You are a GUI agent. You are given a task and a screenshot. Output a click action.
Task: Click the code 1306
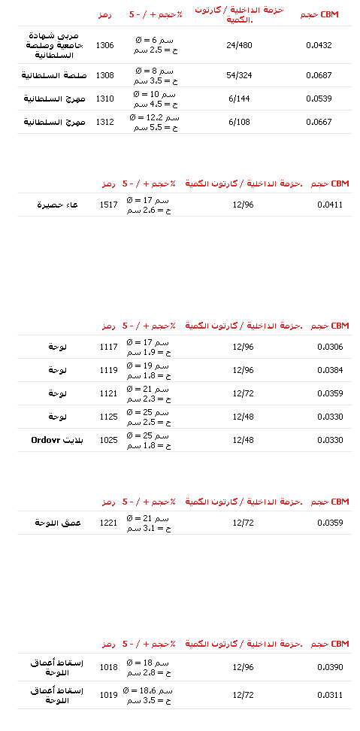[x=104, y=45]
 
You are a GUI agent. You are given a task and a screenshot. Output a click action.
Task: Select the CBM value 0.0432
[x=319, y=45]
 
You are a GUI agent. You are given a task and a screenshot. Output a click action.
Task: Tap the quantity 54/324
[x=239, y=75]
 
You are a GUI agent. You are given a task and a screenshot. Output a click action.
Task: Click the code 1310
[x=104, y=99]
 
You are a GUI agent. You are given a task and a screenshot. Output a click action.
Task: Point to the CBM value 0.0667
[x=319, y=122]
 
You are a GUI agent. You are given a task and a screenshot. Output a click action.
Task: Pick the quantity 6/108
[x=239, y=122]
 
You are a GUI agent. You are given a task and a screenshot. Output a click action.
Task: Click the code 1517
[x=109, y=205]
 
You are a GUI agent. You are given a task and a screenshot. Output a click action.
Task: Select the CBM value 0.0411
[x=330, y=205]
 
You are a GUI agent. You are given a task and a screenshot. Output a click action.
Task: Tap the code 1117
[x=109, y=347]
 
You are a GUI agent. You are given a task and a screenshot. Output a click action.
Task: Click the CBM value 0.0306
[x=330, y=347]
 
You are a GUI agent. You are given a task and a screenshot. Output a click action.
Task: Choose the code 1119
[x=109, y=370]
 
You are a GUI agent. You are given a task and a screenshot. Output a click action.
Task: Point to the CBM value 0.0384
[x=330, y=370]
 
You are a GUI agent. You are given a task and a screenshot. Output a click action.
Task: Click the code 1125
[x=109, y=417]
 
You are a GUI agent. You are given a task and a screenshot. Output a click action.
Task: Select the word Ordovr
[x=44, y=440]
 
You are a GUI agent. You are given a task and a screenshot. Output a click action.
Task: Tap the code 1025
[x=109, y=440]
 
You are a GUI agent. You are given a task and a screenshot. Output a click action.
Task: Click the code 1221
[x=109, y=523]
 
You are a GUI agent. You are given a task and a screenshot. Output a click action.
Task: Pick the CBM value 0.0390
[x=330, y=667]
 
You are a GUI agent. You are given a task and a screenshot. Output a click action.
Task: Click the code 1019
[x=109, y=695]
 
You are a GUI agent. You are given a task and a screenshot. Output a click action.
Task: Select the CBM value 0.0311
[x=330, y=695]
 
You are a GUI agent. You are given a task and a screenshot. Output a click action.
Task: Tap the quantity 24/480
[x=239, y=45]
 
